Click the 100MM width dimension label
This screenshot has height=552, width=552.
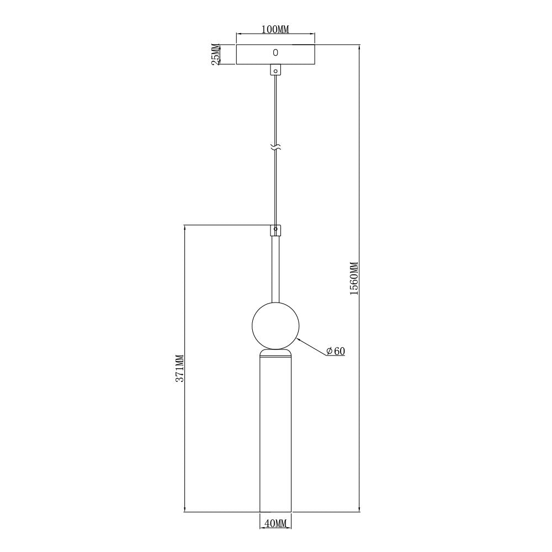click(275, 29)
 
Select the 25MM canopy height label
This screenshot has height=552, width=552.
click(215, 54)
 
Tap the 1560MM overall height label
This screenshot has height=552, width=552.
click(354, 278)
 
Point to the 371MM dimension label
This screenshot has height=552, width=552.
click(179, 368)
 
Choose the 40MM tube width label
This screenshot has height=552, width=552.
click(275, 523)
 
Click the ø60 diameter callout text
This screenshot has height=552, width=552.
click(336, 351)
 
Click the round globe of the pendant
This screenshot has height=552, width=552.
click(275, 326)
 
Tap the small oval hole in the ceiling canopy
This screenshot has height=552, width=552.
click(275, 52)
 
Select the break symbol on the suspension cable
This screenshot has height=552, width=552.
click(275, 148)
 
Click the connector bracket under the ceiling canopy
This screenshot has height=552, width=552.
click(275, 70)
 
